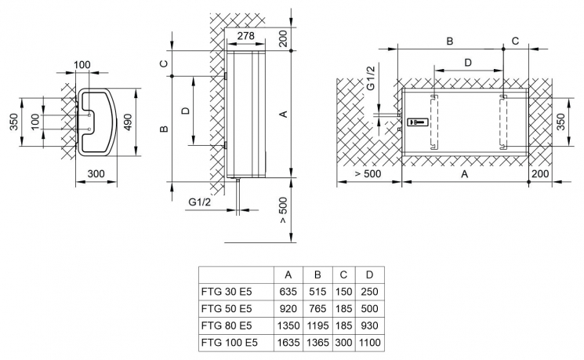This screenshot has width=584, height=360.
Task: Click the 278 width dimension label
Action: pos(246,36)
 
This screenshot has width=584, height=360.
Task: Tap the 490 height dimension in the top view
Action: pos(127,122)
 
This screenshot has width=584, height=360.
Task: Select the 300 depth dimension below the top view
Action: pos(96,173)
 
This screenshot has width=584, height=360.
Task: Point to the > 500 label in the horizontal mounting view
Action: pos(368,173)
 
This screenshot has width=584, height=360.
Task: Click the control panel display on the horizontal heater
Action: pos(417,122)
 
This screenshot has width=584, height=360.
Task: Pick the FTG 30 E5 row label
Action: pos(227,292)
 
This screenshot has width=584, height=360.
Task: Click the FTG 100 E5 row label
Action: pos(230,342)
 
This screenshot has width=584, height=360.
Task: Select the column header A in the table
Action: pos(288,275)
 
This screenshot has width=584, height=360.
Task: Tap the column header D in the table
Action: pos(369,275)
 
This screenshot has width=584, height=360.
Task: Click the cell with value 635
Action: pos(288,292)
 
